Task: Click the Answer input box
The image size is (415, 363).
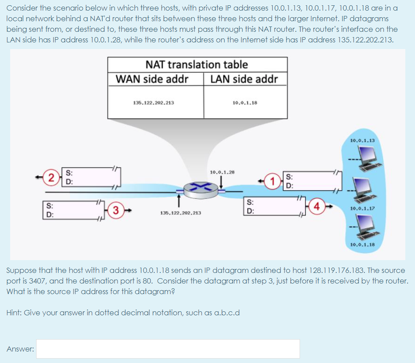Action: (x=168, y=348)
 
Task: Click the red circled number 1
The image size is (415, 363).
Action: (x=275, y=181)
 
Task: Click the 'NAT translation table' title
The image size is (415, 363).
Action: (x=196, y=64)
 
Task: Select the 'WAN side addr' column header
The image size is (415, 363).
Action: (x=152, y=79)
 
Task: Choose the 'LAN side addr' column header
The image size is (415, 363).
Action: (x=244, y=79)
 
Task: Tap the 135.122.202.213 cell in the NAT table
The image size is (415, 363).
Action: (x=153, y=102)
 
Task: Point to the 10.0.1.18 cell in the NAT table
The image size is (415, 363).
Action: (x=245, y=102)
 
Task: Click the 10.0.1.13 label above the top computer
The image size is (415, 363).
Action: (x=362, y=140)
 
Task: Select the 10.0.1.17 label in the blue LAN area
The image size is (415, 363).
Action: (x=362, y=208)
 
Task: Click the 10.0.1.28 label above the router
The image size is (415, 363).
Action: (x=222, y=172)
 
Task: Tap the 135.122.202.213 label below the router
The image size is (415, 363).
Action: (x=181, y=213)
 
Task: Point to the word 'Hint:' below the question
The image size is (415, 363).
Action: (x=14, y=313)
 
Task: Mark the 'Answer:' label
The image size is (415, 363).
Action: (x=21, y=349)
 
